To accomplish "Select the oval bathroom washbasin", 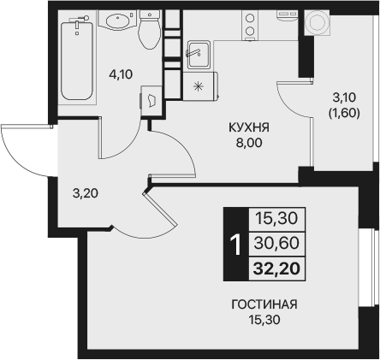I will point(115,21).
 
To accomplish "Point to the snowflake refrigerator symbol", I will point(199,86).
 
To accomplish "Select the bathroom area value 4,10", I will point(120,75).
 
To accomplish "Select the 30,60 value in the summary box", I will point(271,244).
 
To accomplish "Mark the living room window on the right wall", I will point(374,273).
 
